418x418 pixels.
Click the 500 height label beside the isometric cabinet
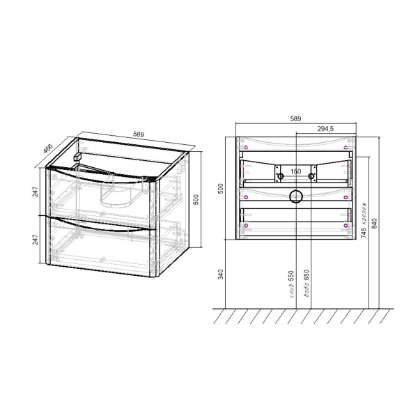[196, 199]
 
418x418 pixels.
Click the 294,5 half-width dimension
[327, 129]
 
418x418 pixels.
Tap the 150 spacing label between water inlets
[295, 171]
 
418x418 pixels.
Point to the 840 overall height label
[376, 223]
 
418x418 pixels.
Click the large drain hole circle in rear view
[295, 196]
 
